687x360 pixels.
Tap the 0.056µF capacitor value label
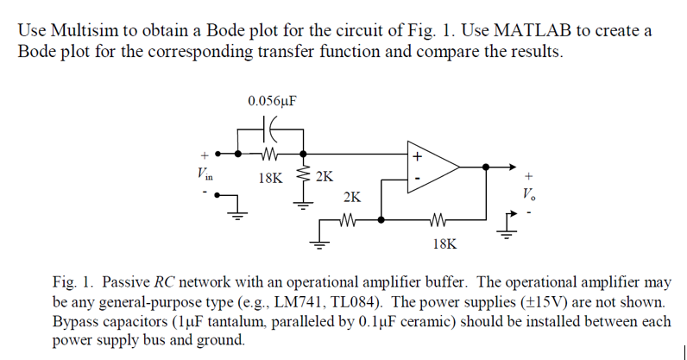click(x=272, y=101)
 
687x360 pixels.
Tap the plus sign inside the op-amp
click(x=418, y=157)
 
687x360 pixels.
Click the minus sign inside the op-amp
click(x=418, y=180)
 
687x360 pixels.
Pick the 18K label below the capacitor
click(x=270, y=178)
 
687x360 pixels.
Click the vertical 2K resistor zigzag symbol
click(x=302, y=177)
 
